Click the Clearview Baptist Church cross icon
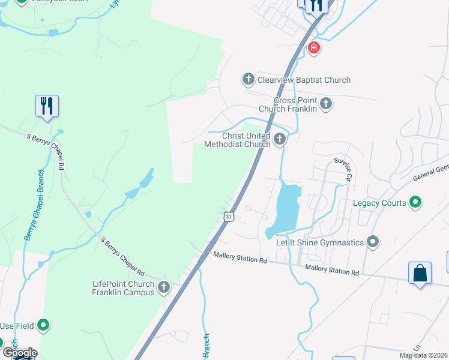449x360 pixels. pyautogui.click(x=248, y=79)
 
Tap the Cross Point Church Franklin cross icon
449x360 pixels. pyautogui.click(x=325, y=104)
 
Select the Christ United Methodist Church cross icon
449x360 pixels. pyautogui.click(x=279, y=140)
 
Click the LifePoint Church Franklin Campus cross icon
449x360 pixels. pyautogui.click(x=163, y=288)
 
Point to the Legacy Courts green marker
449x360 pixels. pyautogui.click(x=414, y=203)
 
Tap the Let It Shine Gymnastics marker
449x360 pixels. pyautogui.click(x=373, y=242)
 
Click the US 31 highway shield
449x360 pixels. pyautogui.click(x=228, y=216)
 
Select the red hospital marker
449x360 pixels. pyautogui.click(x=313, y=47)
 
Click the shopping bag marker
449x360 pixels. pyautogui.click(x=420, y=273)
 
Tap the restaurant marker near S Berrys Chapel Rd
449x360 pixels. pyautogui.click(x=47, y=106)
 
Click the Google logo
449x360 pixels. pyautogui.click(x=20, y=353)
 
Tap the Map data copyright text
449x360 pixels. pyautogui.click(x=423, y=355)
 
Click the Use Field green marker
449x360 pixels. pyautogui.click(x=43, y=325)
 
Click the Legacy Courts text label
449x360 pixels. pyautogui.click(x=379, y=203)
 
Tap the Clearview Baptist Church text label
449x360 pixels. pyautogui.click(x=304, y=80)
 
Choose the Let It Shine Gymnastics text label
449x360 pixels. pyautogui.click(x=320, y=242)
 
